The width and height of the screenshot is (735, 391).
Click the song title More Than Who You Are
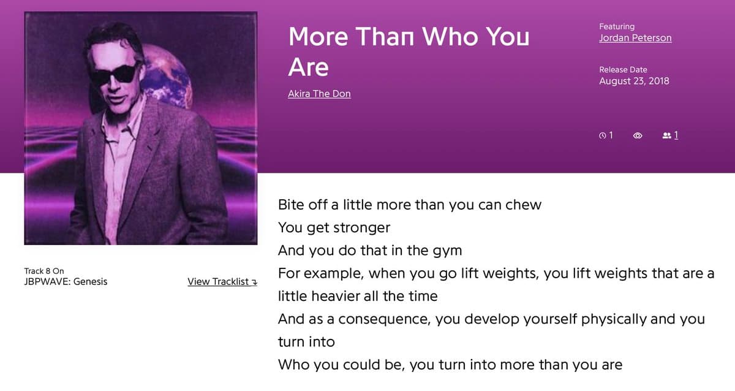[x=409, y=51]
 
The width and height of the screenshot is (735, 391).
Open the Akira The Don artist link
[x=319, y=94]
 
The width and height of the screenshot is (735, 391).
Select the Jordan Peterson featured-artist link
[x=635, y=38]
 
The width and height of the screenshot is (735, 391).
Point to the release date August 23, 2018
[x=634, y=81]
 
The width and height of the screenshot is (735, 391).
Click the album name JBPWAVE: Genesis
[x=66, y=282]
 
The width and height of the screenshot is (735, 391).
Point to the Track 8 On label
[x=44, y=271]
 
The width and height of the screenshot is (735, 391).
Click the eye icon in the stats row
[x=638, y=135]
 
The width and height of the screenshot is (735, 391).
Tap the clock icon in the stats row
[x=602, y=135]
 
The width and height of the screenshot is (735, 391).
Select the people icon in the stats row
[x=667, y=135]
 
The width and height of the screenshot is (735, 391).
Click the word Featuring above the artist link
[x=617, y=26]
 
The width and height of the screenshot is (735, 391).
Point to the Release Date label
[x=623, y=70]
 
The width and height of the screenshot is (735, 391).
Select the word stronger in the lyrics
[x=361, y=228]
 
